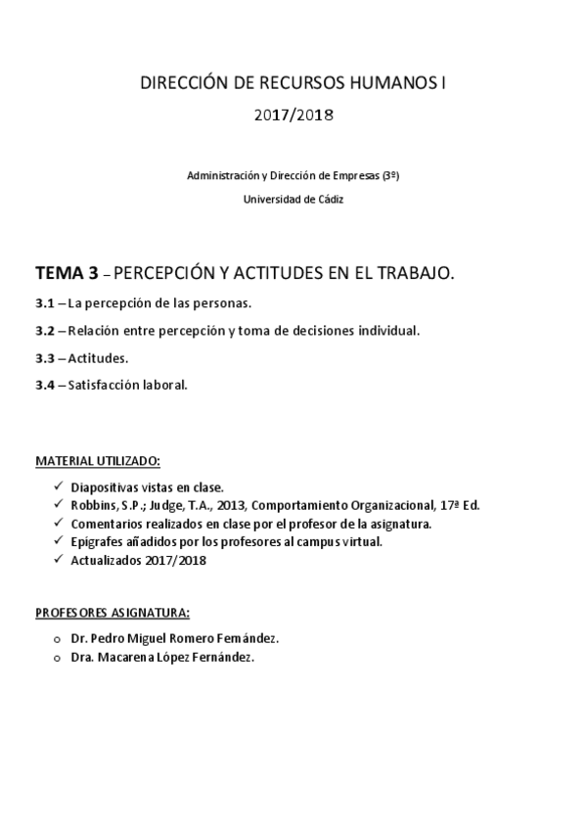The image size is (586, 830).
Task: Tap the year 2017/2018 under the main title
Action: pos(293,115)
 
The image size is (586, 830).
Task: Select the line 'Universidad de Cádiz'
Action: pos(293,198)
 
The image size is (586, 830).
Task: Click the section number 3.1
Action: pos(44,303)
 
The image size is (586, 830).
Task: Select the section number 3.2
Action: pos(44,331)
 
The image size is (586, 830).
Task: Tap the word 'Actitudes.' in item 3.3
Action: pos(98,358)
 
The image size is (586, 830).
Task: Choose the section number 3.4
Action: pos(44,385)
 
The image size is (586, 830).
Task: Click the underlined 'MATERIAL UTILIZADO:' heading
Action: pos(98,460)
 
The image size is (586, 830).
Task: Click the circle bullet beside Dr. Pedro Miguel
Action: pos(57,638)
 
